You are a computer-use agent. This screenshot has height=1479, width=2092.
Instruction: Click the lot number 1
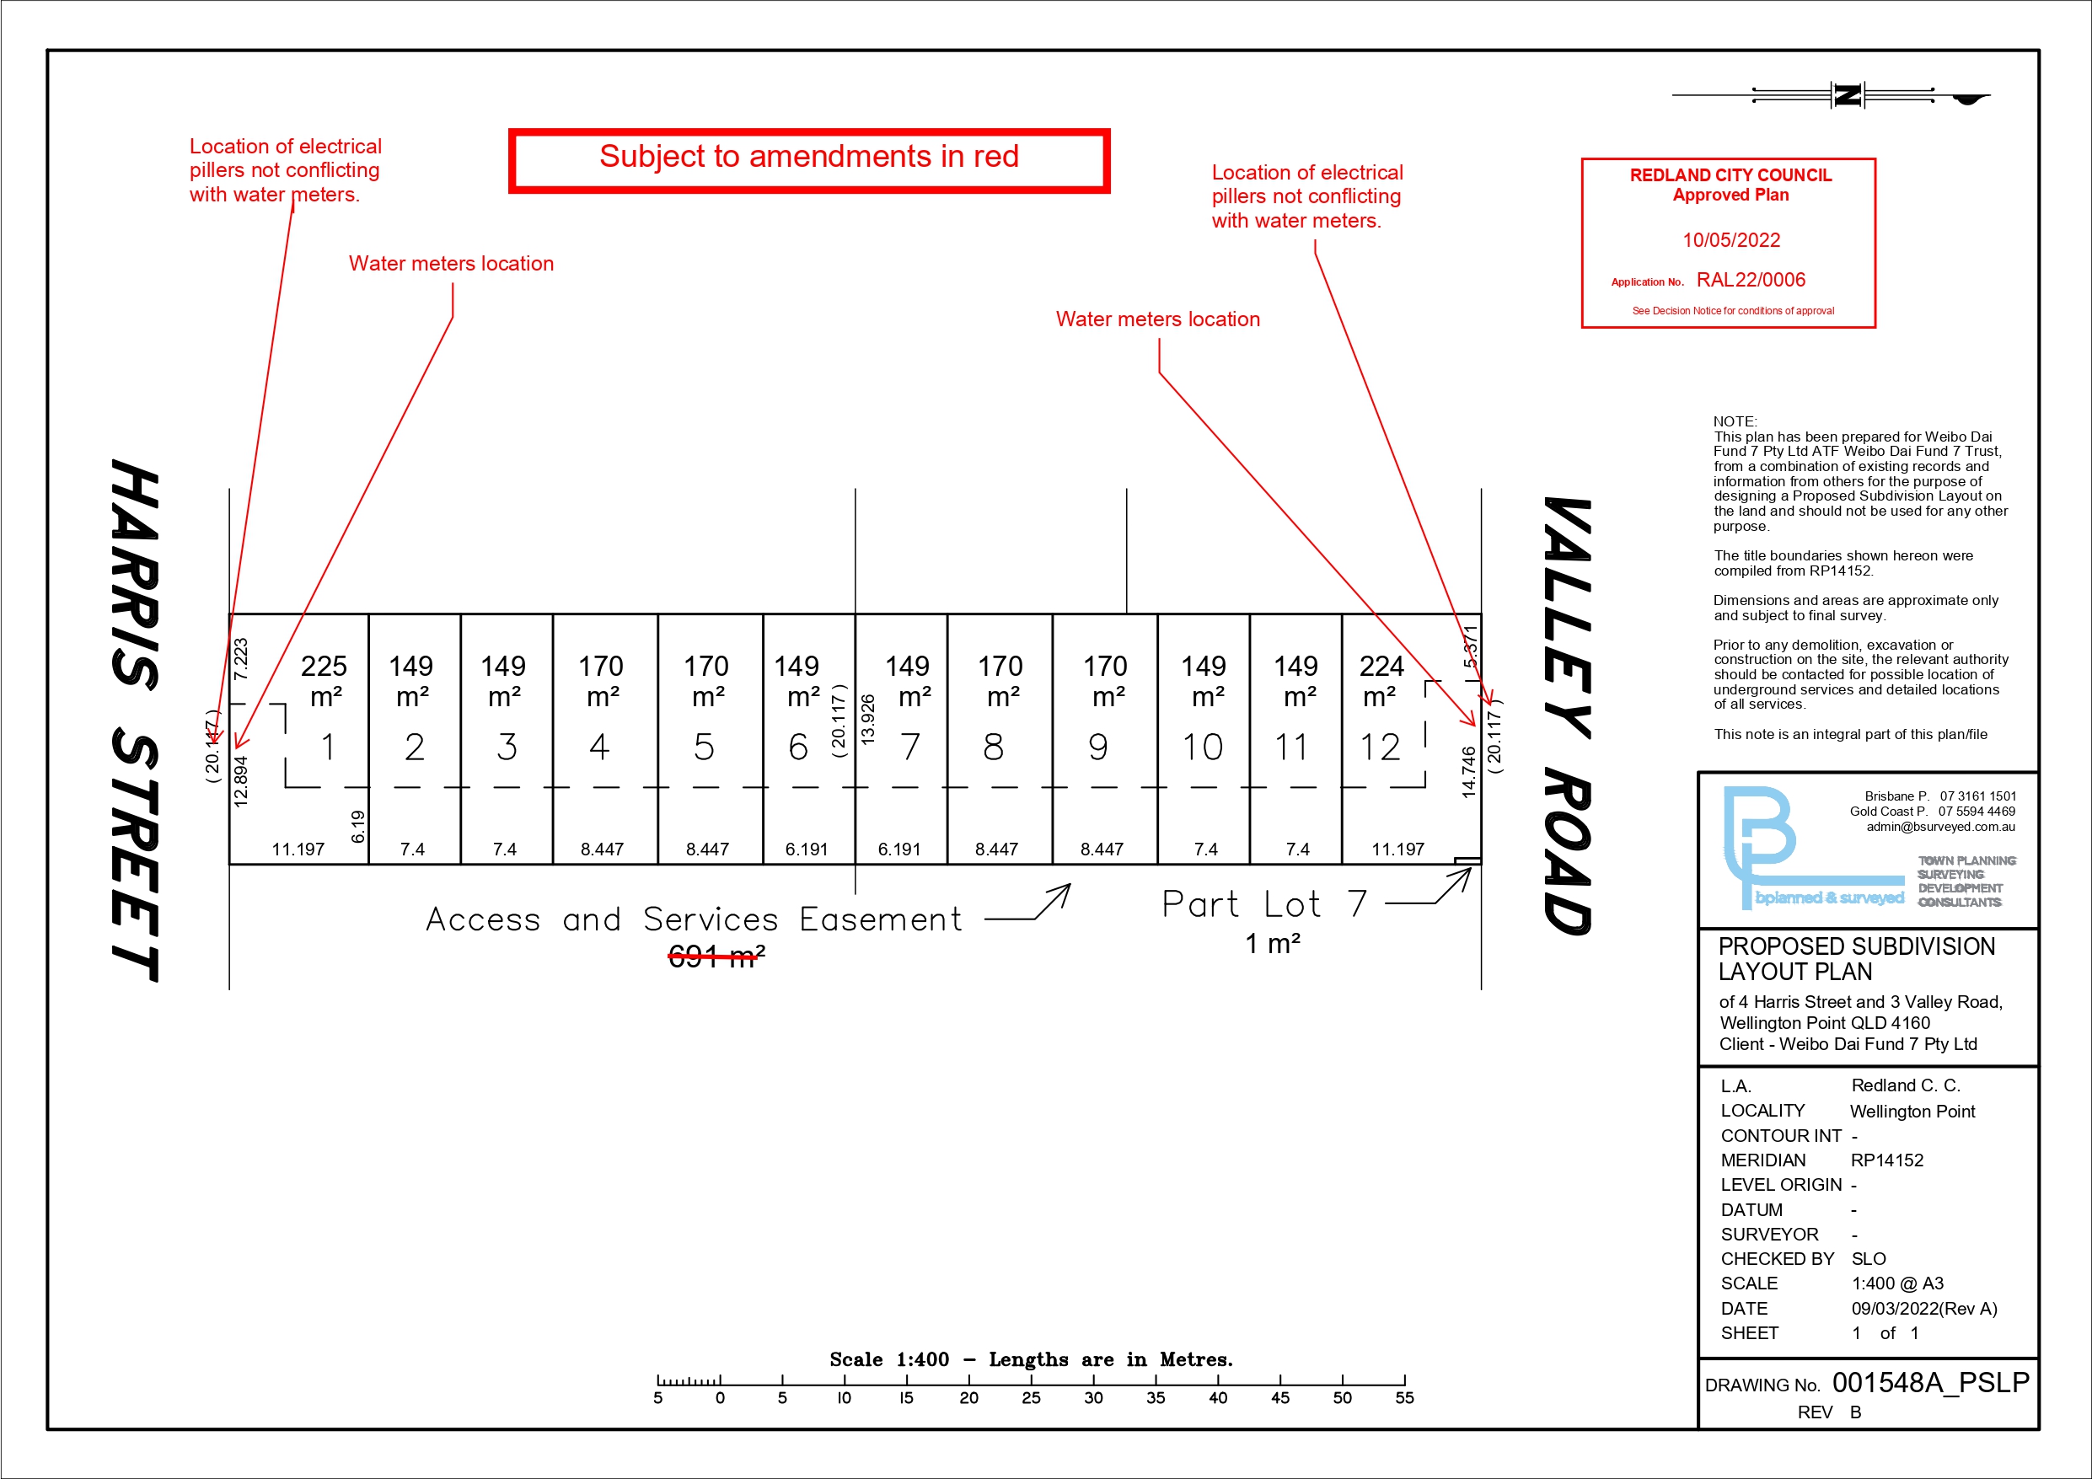tap(328, 748)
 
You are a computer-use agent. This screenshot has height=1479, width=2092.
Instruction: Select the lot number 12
tap(1380, 748)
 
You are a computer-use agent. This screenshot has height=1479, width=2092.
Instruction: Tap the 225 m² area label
tap(325, 681)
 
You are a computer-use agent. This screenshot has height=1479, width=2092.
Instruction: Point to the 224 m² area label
tap(1381, 681)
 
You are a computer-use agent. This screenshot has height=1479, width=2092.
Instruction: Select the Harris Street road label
tap(135, 720)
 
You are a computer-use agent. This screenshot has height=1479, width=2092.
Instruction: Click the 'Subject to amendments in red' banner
tap(809, 159)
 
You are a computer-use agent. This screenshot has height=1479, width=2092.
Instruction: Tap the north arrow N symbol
tap(1848, 94)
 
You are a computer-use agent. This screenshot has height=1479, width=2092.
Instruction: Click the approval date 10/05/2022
tap(1731, 240)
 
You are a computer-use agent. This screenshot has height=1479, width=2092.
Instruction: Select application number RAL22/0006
tap(1751, 281)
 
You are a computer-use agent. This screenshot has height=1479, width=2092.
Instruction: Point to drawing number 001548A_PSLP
tap(1930, 1382)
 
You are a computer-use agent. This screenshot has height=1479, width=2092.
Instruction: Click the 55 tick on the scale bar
tap(1404, 1397)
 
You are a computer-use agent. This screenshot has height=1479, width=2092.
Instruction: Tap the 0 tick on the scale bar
tap(720, 1397)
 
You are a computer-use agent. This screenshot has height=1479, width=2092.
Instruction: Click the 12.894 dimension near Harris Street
tap(240, 781)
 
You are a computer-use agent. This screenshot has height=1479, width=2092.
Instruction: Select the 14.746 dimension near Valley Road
tap(1469, 772)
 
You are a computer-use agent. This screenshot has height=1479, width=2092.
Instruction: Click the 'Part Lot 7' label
tap(1263, 904)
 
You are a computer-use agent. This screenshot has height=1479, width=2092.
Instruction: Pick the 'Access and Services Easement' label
tap(694, 919)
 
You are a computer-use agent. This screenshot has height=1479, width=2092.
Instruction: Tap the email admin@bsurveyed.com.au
tap(1941, 827)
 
